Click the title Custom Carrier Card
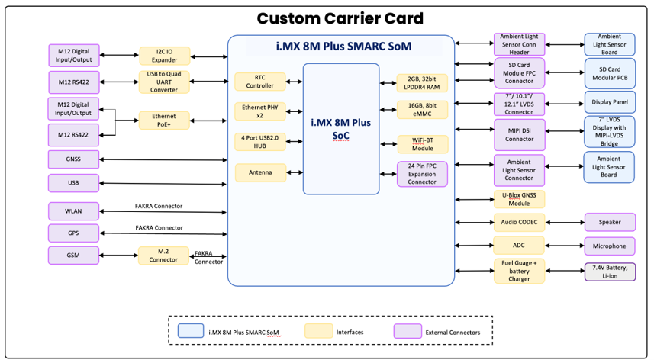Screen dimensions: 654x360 pos(340,18)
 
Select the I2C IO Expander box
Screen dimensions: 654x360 pos(164,56)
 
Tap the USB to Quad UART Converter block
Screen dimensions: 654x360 pos(164,82)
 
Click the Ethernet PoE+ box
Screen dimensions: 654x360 pos(164,121)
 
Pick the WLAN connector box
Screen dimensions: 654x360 pos(73,211)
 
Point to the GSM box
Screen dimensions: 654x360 pos(73,256)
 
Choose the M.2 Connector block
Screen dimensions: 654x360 pos(163,256)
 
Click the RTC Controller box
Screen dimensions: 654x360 pos(260,82)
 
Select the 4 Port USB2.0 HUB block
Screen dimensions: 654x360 pos(260,142)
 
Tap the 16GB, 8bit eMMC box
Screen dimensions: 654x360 pos(422,110)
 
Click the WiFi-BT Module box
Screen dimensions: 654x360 pos(423,144)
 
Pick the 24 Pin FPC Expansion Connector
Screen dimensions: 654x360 pos(422,174)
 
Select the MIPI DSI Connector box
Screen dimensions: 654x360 pos(519,134)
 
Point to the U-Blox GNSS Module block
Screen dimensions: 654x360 pos(519,199)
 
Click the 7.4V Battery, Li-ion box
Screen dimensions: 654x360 pos(610,272)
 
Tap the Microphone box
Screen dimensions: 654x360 pos(610,246)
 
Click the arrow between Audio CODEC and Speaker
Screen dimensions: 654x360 pos(565,223)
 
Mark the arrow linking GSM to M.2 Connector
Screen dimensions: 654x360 pos(118,256)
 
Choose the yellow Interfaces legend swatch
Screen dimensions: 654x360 pos(319,331)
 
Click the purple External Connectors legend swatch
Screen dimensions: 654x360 pos(408,331)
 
